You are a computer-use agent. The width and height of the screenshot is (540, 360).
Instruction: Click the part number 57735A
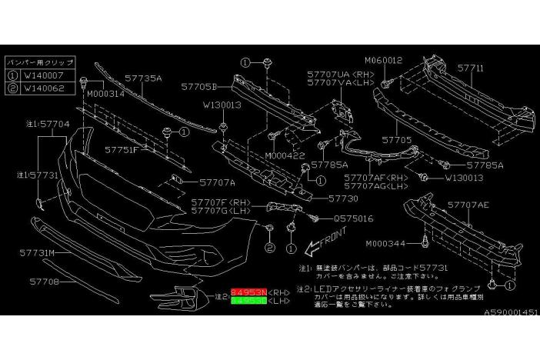(x=144, y=78)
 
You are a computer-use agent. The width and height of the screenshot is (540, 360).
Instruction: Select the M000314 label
(x=106, y=94)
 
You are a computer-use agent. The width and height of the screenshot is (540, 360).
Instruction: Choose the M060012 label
(x=384, y=60)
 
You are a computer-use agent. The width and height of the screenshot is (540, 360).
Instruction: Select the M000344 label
(x=389, y=243)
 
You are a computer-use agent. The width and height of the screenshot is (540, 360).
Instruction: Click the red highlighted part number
(x=248, y=293)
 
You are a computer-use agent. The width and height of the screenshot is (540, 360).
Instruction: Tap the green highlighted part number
(x=248, y=303)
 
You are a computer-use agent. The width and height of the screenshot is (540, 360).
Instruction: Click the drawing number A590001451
(x=511, y=313)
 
